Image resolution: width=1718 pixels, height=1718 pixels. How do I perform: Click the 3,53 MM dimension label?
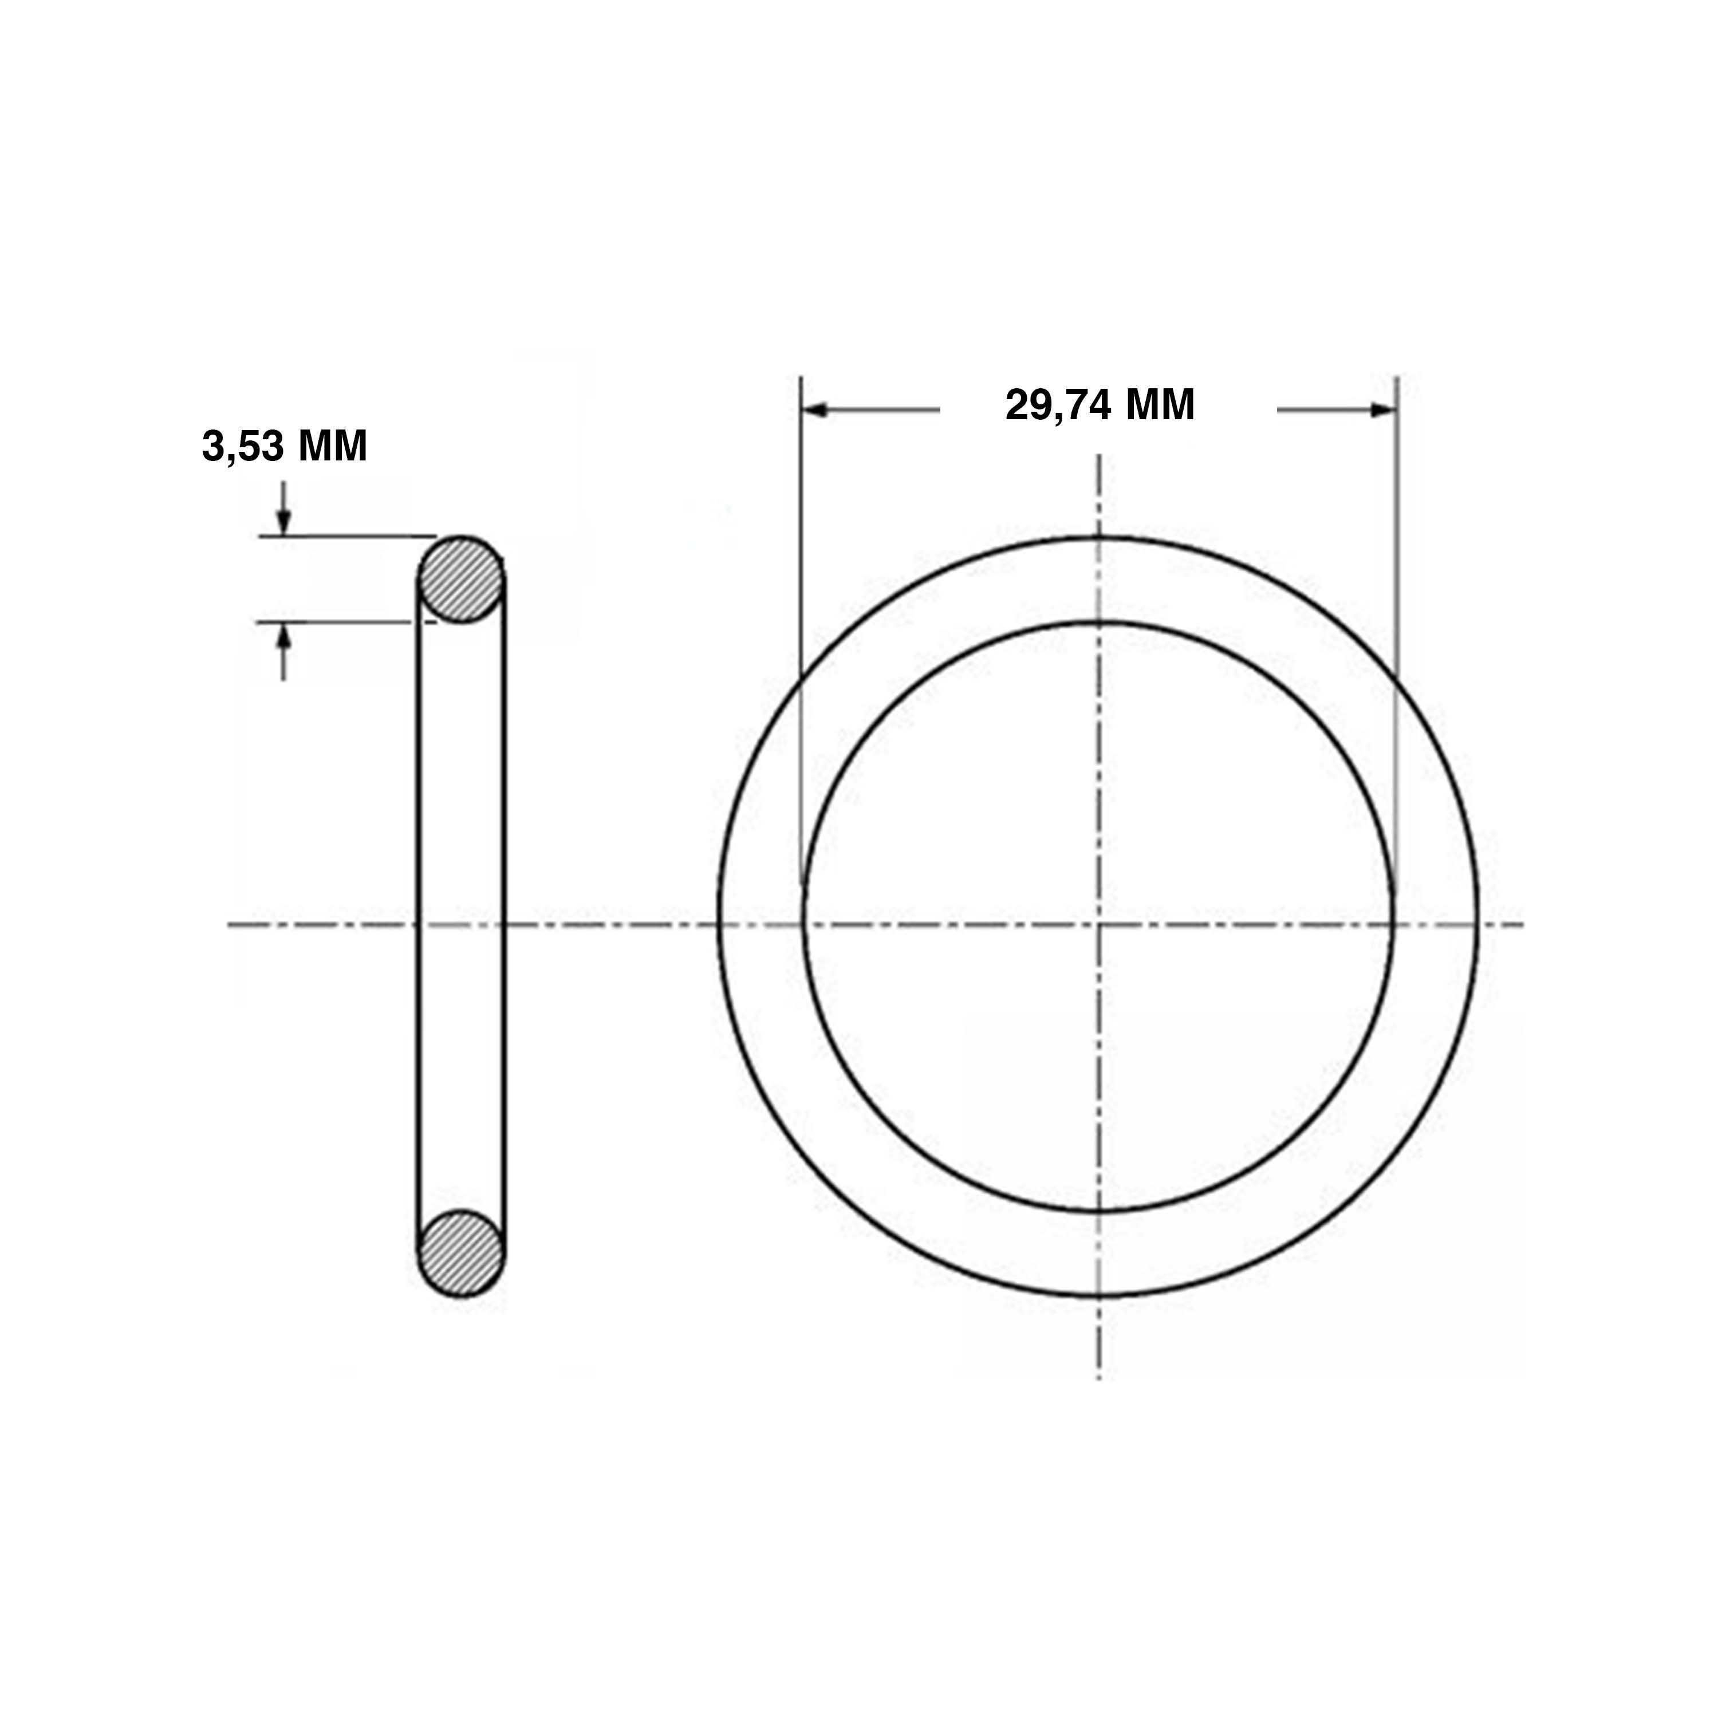tap(285, 447)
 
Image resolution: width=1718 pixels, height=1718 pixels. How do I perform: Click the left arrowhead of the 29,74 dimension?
tap(814, 410)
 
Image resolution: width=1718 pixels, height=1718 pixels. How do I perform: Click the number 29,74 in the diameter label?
tap(1058, 405)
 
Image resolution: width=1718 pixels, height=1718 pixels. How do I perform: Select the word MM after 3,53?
tap(332, 447)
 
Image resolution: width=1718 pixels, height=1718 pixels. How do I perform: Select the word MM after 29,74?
tap(1160, 405)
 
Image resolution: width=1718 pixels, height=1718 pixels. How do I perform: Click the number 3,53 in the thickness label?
tap(238, 447)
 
